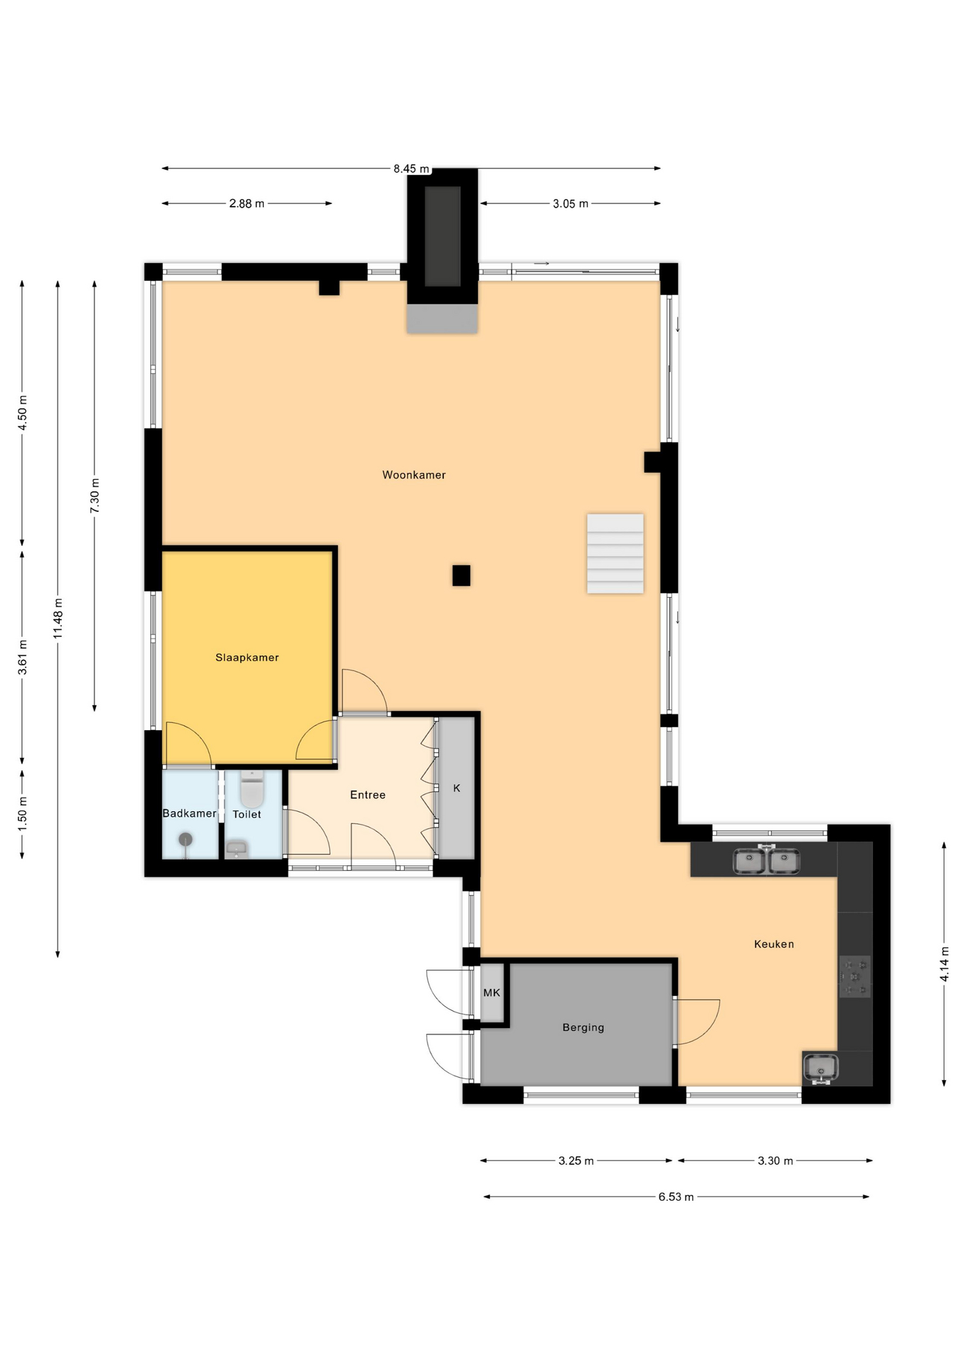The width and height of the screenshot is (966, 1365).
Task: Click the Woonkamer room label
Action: coord(414,475)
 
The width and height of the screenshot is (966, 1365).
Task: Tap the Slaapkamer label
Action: coord(247,658)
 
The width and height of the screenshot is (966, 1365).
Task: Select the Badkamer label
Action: coord(189,813)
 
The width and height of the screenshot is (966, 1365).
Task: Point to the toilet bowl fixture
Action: coord(252,790)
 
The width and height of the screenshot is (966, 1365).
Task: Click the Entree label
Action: coord(368,795)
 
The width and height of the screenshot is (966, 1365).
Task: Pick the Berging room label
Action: coord(583,1027)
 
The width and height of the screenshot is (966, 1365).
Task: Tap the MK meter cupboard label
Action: coord(492,992)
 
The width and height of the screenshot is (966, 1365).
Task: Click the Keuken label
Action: coord(774,944)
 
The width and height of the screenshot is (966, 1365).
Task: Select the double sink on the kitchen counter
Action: coord(767,860)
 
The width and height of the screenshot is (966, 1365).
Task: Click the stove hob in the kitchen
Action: coord(854,977)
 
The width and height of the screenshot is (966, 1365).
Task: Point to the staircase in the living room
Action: coord(615,553)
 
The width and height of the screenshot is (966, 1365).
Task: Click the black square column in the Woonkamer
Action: coord(461,575)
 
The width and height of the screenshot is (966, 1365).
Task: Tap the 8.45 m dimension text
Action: coord(411,169)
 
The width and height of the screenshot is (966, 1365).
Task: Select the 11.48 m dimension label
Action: coord(58,619)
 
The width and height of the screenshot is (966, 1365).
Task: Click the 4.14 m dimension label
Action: coord(945,965)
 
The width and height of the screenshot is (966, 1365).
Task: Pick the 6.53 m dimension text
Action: coord(676,1197)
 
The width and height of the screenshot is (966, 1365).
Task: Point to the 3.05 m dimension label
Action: coord(570,204)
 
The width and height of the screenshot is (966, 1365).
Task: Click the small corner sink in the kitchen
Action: coord(821,1069)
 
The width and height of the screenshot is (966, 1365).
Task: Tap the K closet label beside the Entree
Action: coord(457,788)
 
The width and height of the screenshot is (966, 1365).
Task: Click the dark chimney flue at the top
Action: coord(442,236)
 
